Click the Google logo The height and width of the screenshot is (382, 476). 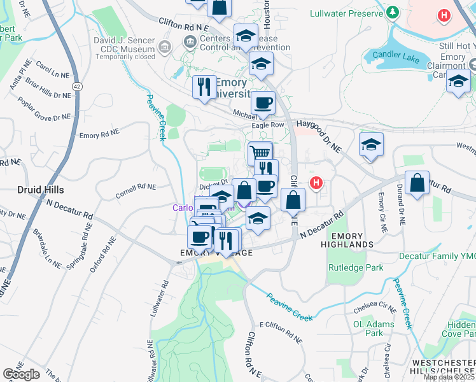pos(22,374)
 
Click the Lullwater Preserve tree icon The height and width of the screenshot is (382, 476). pos(393,13)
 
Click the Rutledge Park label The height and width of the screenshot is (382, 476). pos(356,267)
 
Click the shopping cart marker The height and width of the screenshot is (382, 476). pos(260,153)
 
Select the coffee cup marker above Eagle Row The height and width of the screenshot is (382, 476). pos(263,103)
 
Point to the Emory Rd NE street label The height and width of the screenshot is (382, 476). pos(99,135)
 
